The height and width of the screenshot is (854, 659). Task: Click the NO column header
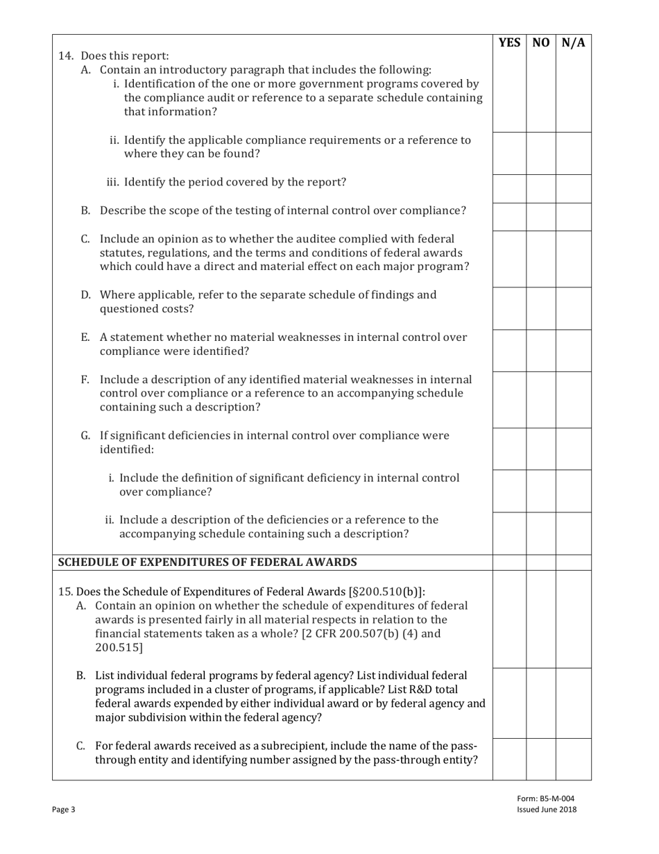[541, 42]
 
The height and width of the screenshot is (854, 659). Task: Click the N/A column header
[574, 42]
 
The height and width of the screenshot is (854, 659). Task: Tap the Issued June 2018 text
[547, 810]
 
